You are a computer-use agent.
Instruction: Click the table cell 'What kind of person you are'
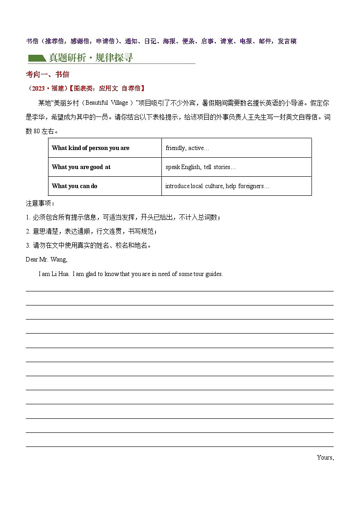91,148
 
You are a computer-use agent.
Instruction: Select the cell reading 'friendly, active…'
187,148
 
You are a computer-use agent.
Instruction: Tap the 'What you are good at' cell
81,167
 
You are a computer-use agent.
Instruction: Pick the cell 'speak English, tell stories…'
200,167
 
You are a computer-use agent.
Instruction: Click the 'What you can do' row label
74,186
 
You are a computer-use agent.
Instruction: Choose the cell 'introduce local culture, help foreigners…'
217,186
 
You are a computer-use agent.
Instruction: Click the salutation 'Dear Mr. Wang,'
47,260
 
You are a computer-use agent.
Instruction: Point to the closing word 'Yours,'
325,457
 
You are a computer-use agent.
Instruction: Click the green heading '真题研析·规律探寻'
91,58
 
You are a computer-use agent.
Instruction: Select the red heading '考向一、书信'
47,74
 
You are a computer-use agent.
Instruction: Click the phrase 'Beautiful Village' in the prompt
107,103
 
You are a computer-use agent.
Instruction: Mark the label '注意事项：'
40,204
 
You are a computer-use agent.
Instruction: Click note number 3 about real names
28,245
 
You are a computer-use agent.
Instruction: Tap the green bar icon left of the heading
37,58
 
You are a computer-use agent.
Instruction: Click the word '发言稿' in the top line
287,41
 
